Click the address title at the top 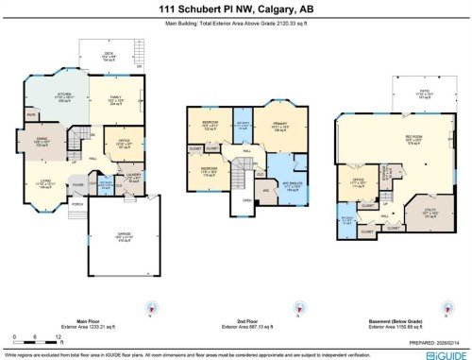click(236, 9)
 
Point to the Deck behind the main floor click(109, 55)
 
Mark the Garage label click(124, 237)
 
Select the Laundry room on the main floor click(133, 180)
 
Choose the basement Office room click(359, 184)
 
